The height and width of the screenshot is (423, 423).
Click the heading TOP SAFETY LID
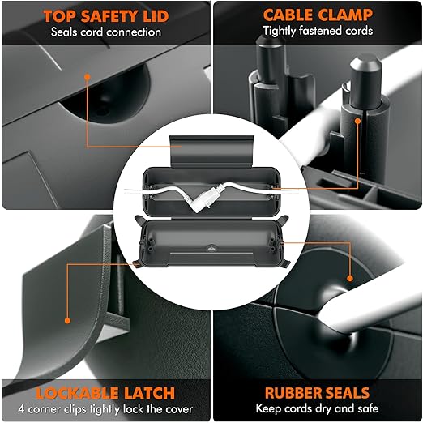point(106,16)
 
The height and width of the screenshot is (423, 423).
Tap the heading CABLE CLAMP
point(318,15)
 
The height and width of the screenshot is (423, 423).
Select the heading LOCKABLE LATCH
point(105,393)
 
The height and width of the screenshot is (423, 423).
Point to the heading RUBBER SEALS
point(317,393)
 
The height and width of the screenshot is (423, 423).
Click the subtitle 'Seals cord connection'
point(106,32)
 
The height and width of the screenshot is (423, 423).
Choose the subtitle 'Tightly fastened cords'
point(318,31)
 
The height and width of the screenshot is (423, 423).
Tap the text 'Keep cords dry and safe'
point(317,408)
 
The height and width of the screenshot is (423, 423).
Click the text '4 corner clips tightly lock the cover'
point(105,409)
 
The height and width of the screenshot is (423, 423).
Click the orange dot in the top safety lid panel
point(87,77)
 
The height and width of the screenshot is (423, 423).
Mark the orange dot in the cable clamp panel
point(357,121)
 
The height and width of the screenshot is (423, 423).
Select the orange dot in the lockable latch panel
point(67,321)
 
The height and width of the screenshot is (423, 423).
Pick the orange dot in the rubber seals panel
point(350,278)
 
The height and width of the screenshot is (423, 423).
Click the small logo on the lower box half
point(211,248)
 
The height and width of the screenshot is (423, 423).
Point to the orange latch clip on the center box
point(136,264)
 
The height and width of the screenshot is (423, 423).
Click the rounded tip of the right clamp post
point(366,62)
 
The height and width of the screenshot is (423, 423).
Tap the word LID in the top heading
point(156,16)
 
